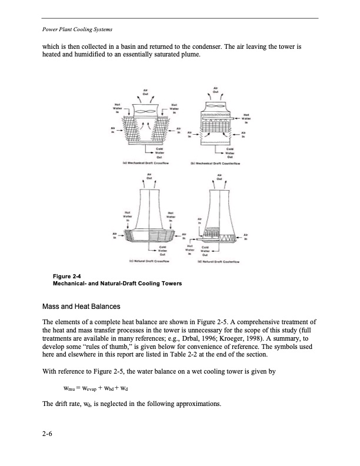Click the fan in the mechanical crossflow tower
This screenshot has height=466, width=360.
coord(145,111)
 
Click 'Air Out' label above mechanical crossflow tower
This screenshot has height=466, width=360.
coord(145,91)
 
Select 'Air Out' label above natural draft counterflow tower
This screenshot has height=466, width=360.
coord(219,176)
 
